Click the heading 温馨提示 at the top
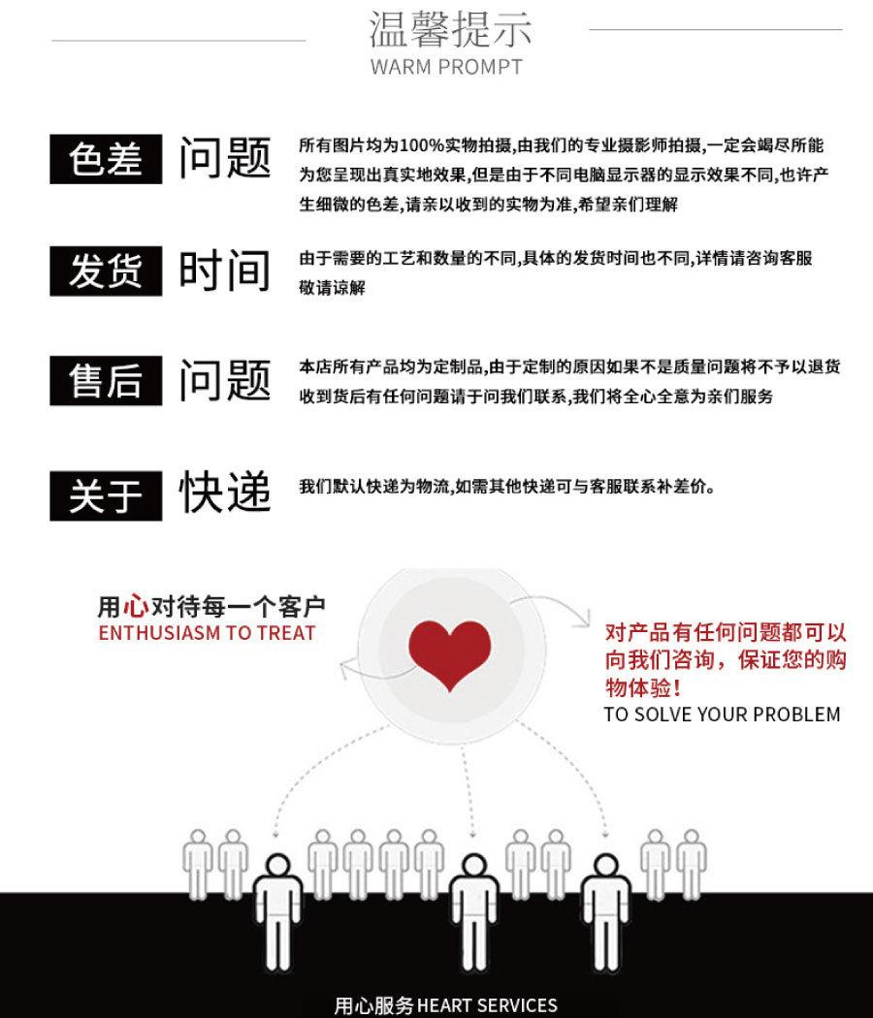coord(450,30)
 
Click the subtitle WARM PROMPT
coord(446,67)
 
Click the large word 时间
coord(224,270)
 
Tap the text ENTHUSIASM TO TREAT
coord(207,633)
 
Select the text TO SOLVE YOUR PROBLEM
coord(722,715)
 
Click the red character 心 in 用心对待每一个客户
coord(135,608)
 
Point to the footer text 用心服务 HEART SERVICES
coord(445,1004)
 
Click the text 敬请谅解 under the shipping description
coord(332,288)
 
